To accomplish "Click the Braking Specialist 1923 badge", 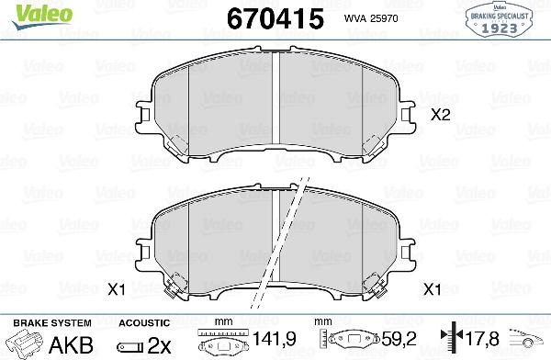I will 502,18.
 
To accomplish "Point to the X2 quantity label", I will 441,116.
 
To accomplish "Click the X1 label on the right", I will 432,290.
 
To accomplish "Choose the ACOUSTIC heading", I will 144,323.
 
